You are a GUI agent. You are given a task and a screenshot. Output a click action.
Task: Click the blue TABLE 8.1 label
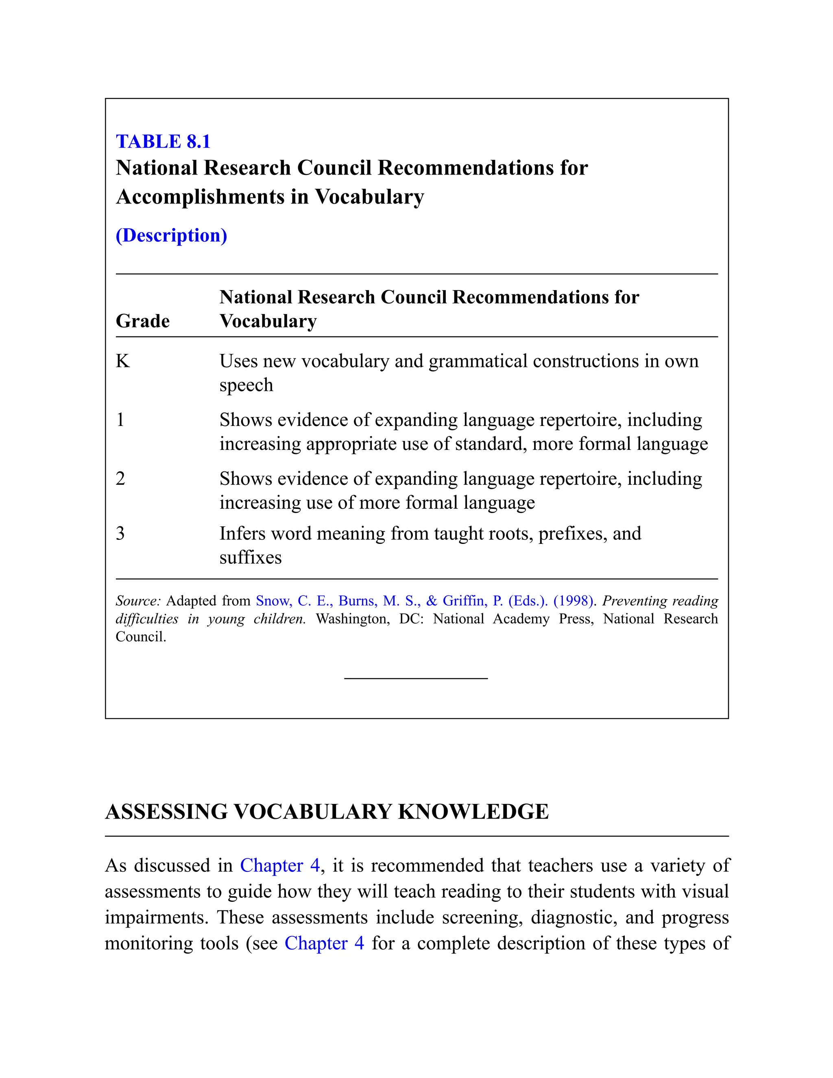[x=163, y=142]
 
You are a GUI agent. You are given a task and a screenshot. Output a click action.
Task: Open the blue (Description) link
[x=171, y=236]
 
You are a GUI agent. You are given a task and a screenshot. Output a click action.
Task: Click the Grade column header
[x=143, y=321]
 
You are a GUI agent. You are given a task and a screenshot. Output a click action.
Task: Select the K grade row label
[x=122, y=361]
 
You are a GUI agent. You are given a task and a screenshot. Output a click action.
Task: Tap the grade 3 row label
[x=120, y=534]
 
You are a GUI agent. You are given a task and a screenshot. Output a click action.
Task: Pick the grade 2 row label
[x=120, y=479]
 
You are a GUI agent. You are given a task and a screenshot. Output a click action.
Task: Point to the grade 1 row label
[x=120, y=420]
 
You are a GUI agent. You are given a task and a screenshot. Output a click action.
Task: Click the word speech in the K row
[x=246, y=386]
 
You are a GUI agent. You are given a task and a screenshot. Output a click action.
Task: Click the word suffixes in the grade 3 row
[x=250, y=558]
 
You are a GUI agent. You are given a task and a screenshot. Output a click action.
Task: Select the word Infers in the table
[x=242, y=534]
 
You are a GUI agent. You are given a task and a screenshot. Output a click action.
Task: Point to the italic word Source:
[x=138, y=601]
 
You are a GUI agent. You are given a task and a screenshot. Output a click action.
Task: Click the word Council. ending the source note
[x=141, y=637]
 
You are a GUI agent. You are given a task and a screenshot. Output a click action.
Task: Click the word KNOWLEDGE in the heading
[x=473, y=812]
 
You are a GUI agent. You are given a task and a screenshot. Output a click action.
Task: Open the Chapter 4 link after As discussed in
[x=280, y=866]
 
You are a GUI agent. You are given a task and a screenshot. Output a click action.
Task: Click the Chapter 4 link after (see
[x=324, y=943]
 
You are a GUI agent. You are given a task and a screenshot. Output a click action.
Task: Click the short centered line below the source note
[x=416, y=679]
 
